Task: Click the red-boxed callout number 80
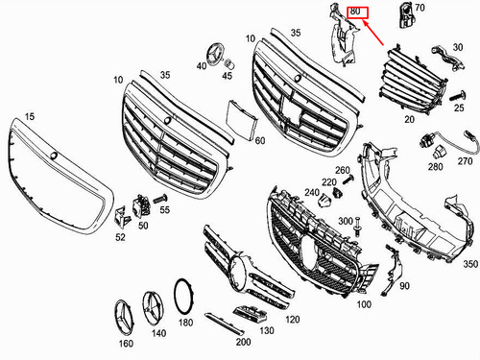click(x=355, y=12)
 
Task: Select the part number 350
click(x=469, y=263)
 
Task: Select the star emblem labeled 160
click(x=125, y=319)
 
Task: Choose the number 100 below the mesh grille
click(x=364, y=304)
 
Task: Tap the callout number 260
click(x=342, y=171)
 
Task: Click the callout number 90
click(x=403, y=286)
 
